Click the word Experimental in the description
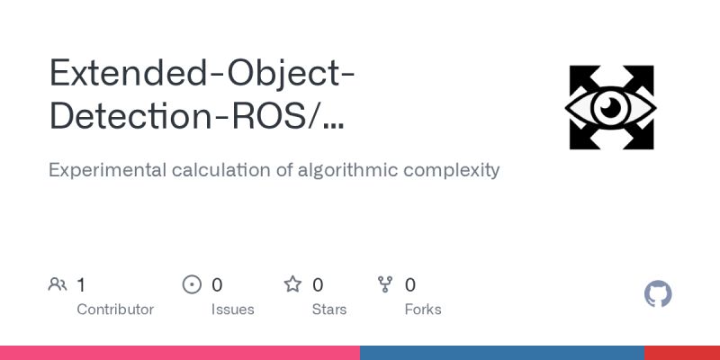pyautogui.click(x=103, y=170)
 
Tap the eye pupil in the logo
pyautogui.click(x=611, y=108)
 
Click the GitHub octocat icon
pyautogui.click(x=658, y=294)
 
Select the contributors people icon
pyautogui.click(x=58, y=285)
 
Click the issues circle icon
pyautogui.click(x=192, y=285)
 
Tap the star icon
pyautogui.click(x=292, y=285)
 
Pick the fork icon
pyautogui.click(x=385, y=285)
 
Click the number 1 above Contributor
pyautogui.click(x=81, y=285)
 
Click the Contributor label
pyautogui.click(x=115, y=310)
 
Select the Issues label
pyautogui.click(x=232, y=310)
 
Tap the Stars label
pyautogui.click(x=328, y=310)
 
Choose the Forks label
pyautogui.click(x=423, y=310)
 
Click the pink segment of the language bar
pyautogui.click(x=180, y=353)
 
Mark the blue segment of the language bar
pyautogui.click(x=502, y=353)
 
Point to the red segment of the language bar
pyautogui.click(x=682, y=353)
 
